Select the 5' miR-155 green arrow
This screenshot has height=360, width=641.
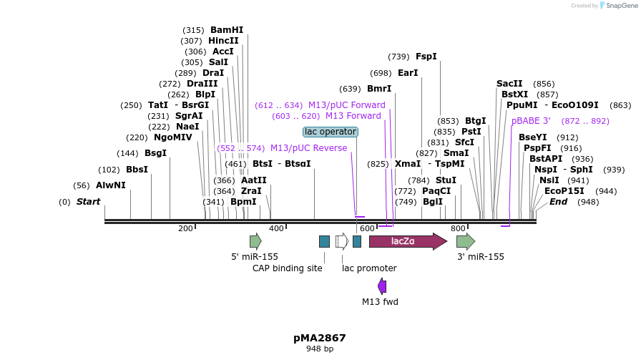[x=255, y=241]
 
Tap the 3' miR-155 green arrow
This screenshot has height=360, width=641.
[x=465, y=241]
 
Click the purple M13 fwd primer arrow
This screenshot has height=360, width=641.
[x=382, y=286]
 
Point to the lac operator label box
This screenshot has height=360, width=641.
[x=331, y=132]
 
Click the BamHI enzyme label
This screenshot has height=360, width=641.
[x=227, y=30]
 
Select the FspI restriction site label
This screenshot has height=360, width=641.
[x=426, y=57]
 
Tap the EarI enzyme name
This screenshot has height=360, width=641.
[x=408, y=73]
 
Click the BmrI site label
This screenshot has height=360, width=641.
[x=379, y=89]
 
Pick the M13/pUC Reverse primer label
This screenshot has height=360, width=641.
[x=308, y=148]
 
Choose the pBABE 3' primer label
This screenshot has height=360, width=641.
[x=531, y=121]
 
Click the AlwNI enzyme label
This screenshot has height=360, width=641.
[x=110, y=185]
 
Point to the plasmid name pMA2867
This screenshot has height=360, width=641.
[x=320, y=337]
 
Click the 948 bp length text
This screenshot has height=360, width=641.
[x=320, y=349]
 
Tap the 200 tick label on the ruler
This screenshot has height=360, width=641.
[x=185, y=228]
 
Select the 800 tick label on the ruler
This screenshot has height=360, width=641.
[x=458, y=228]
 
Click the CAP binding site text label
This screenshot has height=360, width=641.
[x=288, y=268]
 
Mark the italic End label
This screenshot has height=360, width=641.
[x=558, y=202]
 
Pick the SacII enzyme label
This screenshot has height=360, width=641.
[x=509, y=84]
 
